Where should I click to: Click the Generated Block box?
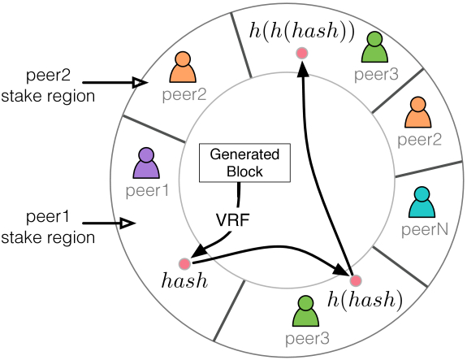244,163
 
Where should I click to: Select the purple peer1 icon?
146,163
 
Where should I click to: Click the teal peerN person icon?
422,202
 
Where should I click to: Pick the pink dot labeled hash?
184,264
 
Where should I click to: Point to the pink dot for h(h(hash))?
302,54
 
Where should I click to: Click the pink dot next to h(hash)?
356,280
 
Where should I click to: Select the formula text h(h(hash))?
301,30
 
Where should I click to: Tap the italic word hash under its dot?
184,280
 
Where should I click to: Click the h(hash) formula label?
365,300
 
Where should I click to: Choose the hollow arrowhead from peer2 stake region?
140,83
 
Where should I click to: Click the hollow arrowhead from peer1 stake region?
128,223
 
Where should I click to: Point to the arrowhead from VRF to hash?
198,250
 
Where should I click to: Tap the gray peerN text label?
425,229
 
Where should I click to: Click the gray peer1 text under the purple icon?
148,191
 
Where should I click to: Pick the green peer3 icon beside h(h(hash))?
374,47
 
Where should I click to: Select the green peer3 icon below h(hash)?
305,310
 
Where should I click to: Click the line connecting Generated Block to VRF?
239,194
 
